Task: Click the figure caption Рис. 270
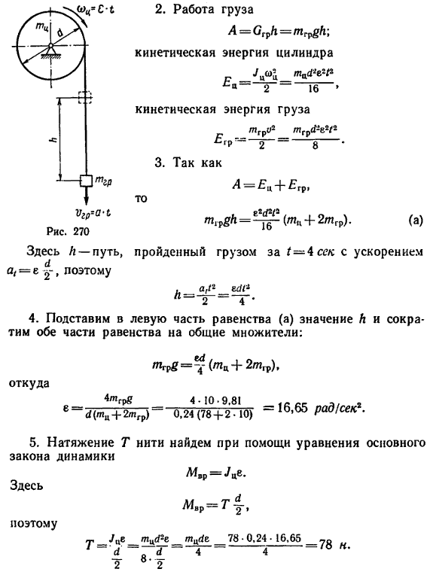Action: click(x=68, y=231)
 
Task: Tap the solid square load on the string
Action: click(x=87, y=181)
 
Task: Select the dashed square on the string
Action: click(x=86, y=97)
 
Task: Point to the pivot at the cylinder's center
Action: click(x=50, y=47)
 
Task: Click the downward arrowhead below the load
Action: click(x=87, y=200)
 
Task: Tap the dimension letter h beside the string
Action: click(x=55, y=139)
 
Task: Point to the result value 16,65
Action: click(x=291, y=408)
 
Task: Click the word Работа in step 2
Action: click(x=194, y=10)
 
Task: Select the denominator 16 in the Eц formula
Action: click(x=313, y=88)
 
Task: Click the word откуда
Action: click(x=29, y=384)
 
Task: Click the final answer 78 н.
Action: click(x=333, y=545)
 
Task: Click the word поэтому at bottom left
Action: click(x=33, y=524)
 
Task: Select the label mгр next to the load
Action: click(x=104, y=181)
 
